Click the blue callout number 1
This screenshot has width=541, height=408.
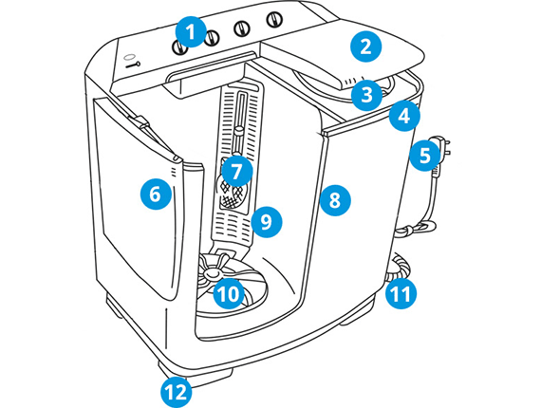pos(191,32)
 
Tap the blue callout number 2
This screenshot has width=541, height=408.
pos(365,46)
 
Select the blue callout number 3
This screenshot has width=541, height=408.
pos(366,95)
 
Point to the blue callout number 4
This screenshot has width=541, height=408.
pos(404,116)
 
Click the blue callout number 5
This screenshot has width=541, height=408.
pos(425,156)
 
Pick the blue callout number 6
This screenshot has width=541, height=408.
pos(156,194)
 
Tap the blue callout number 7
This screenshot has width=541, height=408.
pos(236,172)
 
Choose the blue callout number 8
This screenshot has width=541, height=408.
pos(335,200)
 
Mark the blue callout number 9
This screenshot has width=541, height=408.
pos(267,222)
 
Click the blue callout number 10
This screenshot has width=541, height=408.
pos(229,294)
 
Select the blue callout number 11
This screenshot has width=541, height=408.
pos(401,293)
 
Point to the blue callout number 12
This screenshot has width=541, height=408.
pos(176,392)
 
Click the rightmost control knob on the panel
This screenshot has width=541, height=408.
pos(274,19)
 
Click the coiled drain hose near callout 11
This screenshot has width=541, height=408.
pos(399,267)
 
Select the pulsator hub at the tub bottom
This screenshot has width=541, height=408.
pos(211,273)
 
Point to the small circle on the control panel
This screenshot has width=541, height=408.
pos(129,57)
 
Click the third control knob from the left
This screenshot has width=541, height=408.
pos(242,28)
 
